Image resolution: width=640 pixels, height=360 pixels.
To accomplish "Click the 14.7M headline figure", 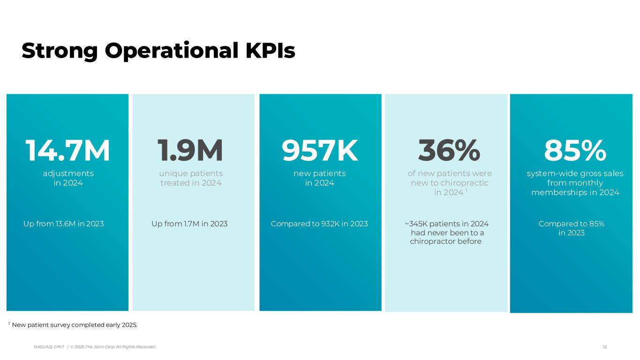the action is point(68,150).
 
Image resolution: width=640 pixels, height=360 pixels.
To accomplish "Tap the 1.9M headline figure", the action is point(190,150).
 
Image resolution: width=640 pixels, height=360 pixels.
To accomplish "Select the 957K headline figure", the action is point(320,150).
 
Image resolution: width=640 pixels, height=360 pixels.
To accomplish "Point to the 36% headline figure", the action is point(449,150).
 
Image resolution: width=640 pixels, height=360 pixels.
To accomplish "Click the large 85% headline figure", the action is point(575,150).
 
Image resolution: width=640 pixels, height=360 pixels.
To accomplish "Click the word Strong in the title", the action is point(60,51).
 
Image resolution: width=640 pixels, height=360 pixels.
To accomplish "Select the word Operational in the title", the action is point(172,51).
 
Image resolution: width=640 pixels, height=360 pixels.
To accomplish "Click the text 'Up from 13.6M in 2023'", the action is point(63,224).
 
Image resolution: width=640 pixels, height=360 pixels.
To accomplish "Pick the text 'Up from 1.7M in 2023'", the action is point(189,224).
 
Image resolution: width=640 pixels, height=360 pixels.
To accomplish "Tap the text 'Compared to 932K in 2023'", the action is point(319,224).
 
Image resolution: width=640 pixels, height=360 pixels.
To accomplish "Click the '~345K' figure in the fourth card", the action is point(416,224).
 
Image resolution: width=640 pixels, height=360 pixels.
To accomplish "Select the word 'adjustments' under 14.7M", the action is point(68,173).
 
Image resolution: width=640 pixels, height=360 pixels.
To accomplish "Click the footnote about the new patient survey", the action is point(73,325).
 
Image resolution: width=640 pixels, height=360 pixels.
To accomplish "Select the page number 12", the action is point(604,347).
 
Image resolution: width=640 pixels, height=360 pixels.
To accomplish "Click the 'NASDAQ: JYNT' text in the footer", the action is point(49,347).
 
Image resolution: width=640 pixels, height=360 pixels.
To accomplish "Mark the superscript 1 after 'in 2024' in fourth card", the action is point(467,190).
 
